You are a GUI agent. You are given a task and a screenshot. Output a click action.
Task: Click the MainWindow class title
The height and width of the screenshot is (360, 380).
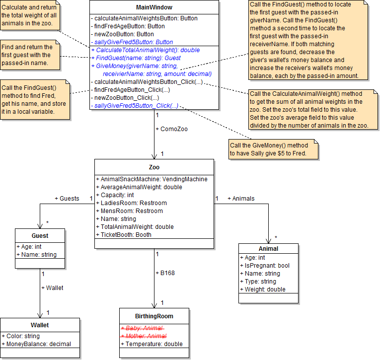(154, 7)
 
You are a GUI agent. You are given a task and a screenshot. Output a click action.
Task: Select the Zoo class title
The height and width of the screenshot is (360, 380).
(154, 167)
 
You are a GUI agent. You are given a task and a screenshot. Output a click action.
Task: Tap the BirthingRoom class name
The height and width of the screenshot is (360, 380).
(154, 316)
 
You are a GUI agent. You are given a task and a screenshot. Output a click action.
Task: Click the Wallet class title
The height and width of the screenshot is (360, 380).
(40, 326)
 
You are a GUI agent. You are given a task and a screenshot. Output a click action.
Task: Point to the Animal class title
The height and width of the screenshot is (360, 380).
(268, 249)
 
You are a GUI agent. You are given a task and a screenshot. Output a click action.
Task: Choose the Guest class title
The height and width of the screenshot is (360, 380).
(40, 236)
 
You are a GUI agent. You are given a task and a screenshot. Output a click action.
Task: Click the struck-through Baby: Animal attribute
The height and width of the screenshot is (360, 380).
(144, 328)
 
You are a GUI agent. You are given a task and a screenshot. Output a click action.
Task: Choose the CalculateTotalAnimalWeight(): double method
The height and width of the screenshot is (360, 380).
(146, 50)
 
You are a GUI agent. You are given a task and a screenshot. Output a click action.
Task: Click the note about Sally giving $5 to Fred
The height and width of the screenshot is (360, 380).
(273, 149)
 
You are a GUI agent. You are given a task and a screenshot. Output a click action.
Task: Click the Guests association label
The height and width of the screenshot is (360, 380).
(67, 199)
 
